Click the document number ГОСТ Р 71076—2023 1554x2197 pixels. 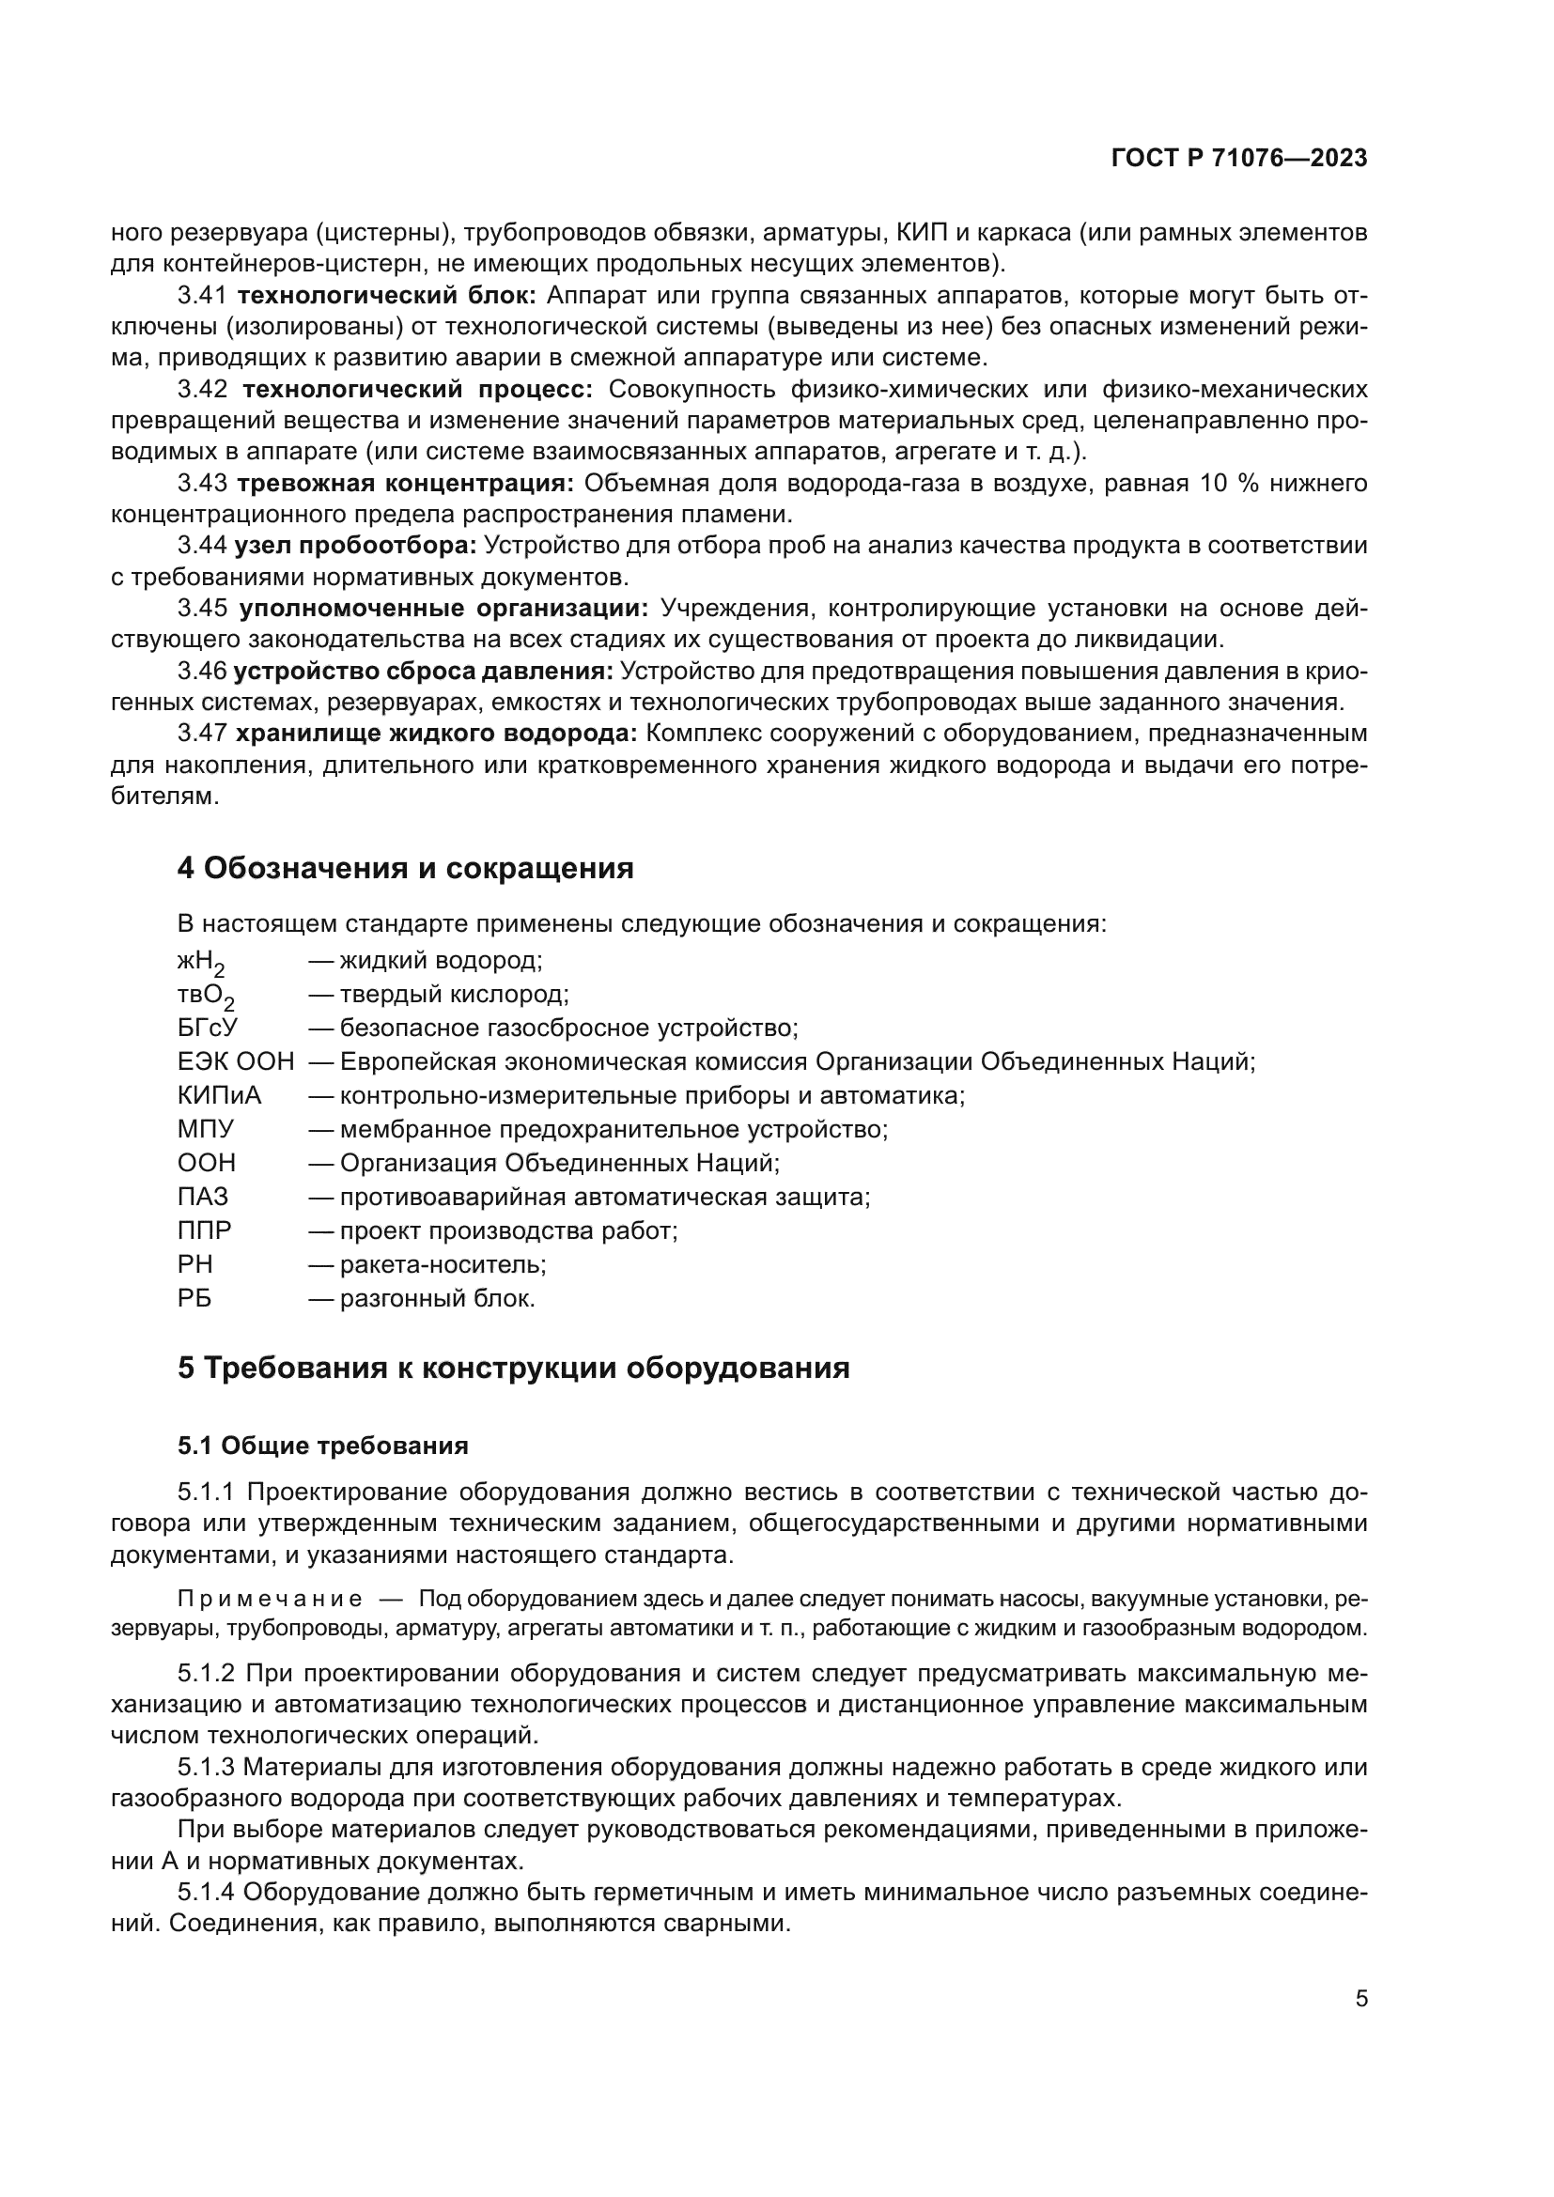coord(1238,159)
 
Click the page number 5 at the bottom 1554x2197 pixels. coord(1361,1998)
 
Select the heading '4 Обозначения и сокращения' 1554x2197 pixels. coord(405,869)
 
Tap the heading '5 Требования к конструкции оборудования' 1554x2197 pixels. coord(513,1368)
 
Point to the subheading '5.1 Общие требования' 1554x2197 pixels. coord(322,1445)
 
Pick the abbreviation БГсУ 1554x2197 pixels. coord(207,1029)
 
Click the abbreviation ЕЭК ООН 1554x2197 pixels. coord(236,1062)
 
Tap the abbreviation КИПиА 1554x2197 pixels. coord(219,1095)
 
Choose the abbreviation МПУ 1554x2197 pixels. coord(205,1129)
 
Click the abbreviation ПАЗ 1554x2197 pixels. coord(203,1197)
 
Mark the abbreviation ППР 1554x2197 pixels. coord(205,1230)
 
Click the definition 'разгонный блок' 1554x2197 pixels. coord(437,1298)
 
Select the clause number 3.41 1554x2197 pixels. coord(202,296)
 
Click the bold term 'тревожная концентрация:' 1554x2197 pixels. coord(405,483)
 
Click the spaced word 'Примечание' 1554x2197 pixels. coord(270,1599)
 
